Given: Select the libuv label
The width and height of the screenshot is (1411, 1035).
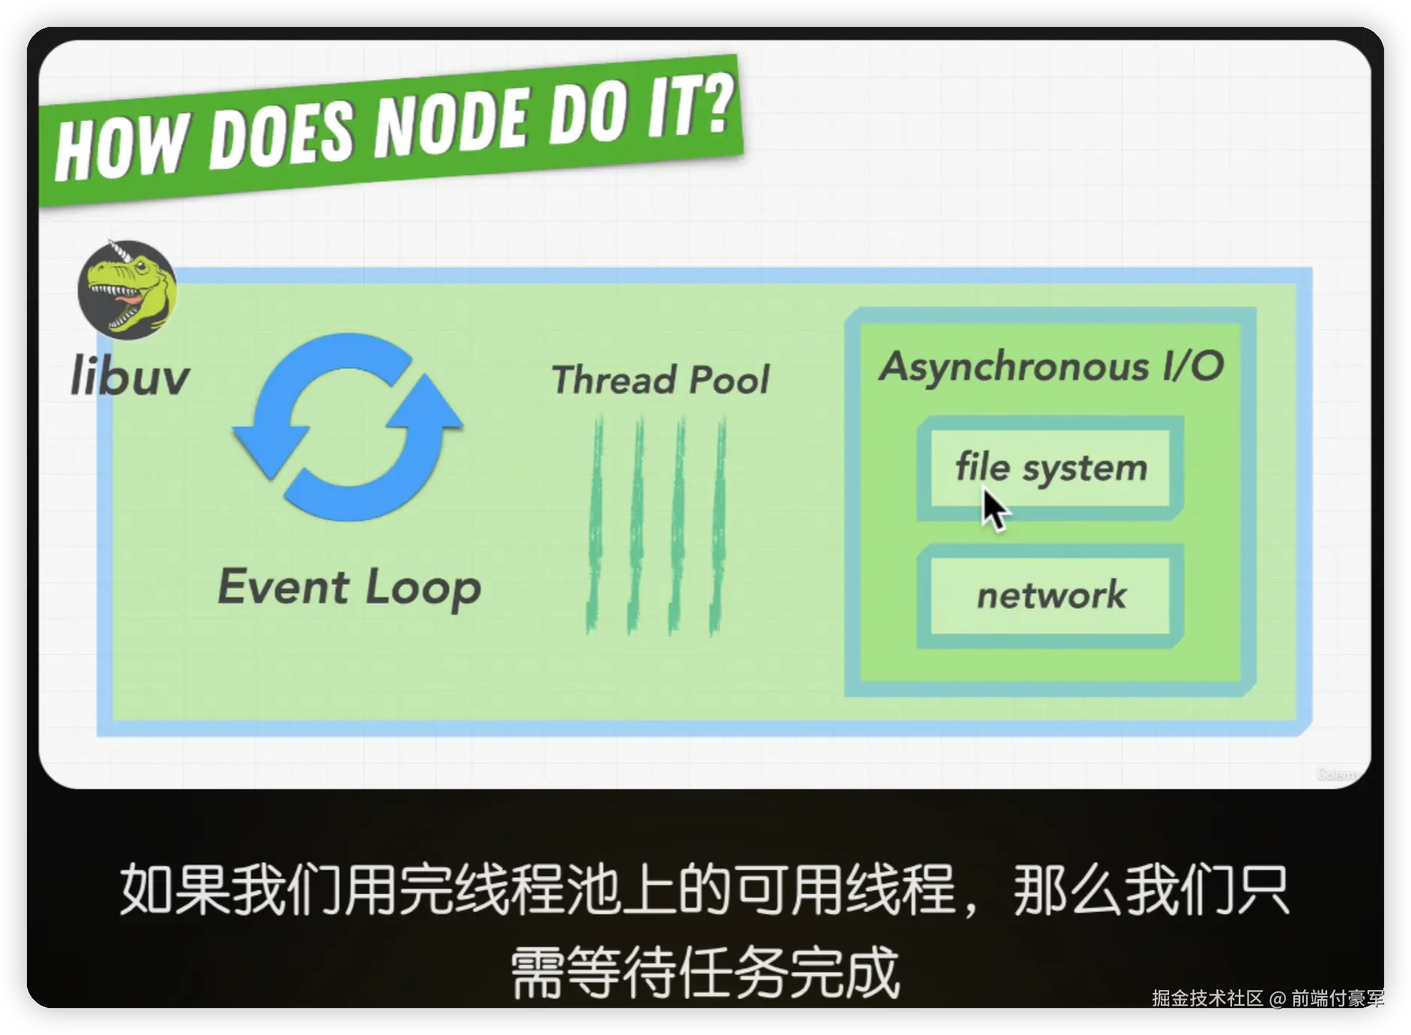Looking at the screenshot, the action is tap(130, 375).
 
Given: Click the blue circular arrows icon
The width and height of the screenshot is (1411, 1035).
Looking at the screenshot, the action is tap(348, 427).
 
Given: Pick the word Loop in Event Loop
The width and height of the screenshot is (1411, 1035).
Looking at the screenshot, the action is tap(423, 589).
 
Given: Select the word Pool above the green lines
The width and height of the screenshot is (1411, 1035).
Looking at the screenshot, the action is tap(729, 380).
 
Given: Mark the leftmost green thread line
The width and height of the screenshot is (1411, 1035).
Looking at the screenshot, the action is tap(595, 525).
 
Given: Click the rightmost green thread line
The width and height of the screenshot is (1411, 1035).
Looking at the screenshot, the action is tap(718, 525).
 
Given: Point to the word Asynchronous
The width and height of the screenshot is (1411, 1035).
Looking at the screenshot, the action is tap(1014, 368).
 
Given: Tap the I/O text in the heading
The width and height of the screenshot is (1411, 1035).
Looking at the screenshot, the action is tap(1193, 366).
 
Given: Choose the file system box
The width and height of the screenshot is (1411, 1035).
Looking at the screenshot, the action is tap(1050, 468).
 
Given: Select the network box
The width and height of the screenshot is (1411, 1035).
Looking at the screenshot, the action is tap(1050, 596).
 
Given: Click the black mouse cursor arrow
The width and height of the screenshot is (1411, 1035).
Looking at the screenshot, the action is tap(995, 509).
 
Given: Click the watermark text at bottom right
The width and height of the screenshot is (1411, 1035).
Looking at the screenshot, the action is tap(1268, 998).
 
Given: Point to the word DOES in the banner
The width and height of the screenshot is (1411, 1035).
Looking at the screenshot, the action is tap(281, 136).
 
